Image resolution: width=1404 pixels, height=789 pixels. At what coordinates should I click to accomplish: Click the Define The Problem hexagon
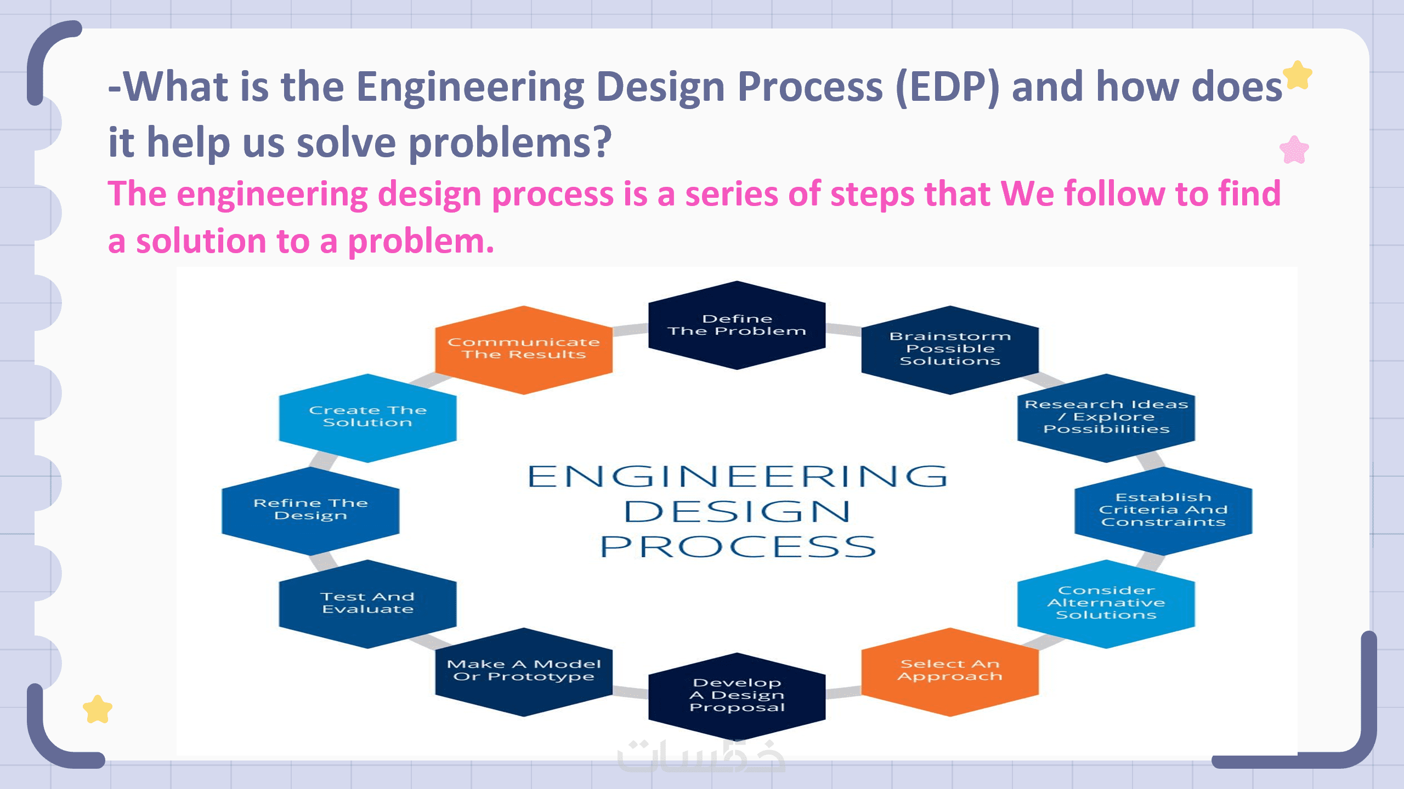[737, 325]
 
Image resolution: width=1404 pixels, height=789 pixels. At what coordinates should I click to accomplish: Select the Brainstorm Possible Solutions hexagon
[950, 350]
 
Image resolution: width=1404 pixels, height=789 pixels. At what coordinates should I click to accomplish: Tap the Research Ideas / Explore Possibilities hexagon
[1106, 418]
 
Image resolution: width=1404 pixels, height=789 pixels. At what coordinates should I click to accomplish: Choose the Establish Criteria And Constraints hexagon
[1163, 510]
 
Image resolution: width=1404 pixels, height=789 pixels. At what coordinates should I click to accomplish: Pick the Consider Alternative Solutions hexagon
[1106, 603]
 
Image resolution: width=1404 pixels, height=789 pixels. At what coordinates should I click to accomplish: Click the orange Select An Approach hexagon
[950, 671]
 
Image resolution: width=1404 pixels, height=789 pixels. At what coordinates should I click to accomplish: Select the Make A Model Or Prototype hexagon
[524, 671]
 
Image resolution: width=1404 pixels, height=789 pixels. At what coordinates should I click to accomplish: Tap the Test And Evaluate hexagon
[367, 603]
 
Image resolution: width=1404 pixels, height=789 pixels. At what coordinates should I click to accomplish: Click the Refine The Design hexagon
[310, 510]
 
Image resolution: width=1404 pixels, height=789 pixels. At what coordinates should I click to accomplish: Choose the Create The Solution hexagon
[367, 418]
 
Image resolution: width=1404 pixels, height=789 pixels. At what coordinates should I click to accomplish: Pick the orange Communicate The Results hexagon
[524, 350]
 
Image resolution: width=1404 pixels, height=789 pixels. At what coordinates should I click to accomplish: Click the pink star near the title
[1294, 150]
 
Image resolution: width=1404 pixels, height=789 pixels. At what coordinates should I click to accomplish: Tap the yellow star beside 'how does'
[1298, 75]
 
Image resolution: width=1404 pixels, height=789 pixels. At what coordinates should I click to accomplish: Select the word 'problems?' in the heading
[510, 143]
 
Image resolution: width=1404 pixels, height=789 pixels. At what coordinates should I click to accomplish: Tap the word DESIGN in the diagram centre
[737, 512]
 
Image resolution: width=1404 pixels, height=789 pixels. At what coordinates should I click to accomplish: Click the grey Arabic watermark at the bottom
[701, 755]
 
